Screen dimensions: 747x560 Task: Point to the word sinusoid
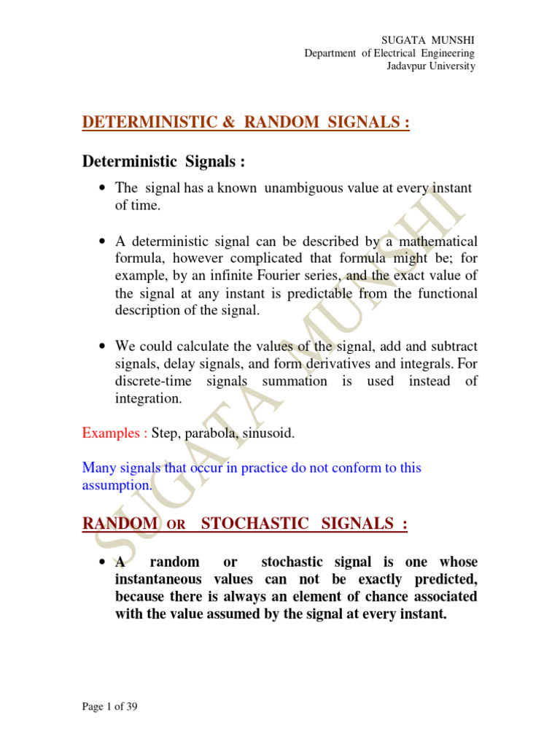[x=270, y=433]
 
